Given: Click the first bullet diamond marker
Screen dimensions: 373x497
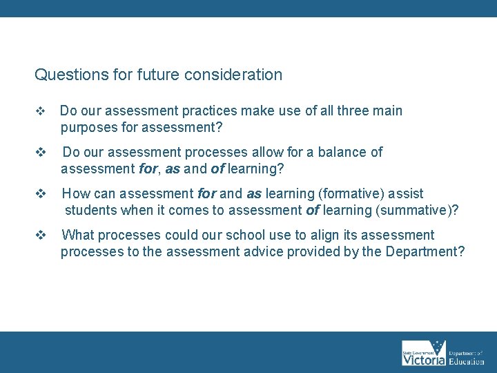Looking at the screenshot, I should (39, 111).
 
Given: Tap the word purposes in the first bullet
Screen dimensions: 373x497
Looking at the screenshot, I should (88, 128).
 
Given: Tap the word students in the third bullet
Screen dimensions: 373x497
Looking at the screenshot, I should (90, 211).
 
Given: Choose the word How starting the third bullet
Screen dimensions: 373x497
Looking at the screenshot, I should (75, 193).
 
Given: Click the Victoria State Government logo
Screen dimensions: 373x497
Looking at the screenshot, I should (424, 353).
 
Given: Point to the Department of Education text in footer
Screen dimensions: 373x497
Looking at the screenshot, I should (467, 353).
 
